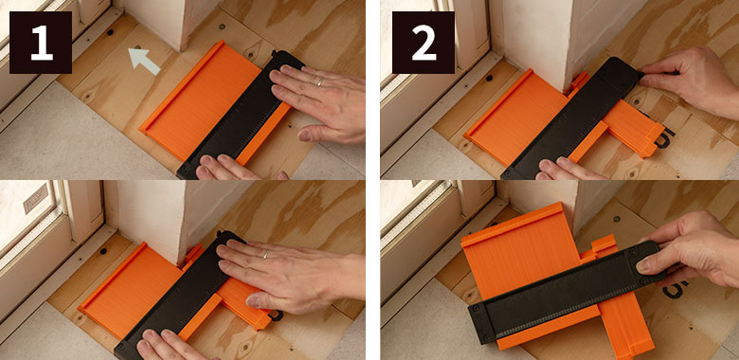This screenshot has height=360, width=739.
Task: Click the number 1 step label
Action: pos(41,43)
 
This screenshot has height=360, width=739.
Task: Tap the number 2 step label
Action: pos(424,43)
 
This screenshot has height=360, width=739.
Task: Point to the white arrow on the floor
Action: pos(144,62)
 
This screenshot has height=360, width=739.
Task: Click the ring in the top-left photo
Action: pos(320,81)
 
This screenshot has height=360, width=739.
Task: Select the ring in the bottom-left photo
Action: pos(266,255)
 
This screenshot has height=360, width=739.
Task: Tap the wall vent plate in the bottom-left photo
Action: pos(36,198)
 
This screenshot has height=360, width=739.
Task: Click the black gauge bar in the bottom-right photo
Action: pos(564,292)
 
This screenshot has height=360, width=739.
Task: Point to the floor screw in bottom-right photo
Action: pos(617,219)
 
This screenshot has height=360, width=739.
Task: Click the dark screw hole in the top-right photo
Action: pos(489,78)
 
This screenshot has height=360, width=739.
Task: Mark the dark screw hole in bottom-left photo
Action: pos(103,251)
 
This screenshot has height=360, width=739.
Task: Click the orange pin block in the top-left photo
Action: pos(200,101)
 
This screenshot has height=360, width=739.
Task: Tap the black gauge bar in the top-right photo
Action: pos(571,118)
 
